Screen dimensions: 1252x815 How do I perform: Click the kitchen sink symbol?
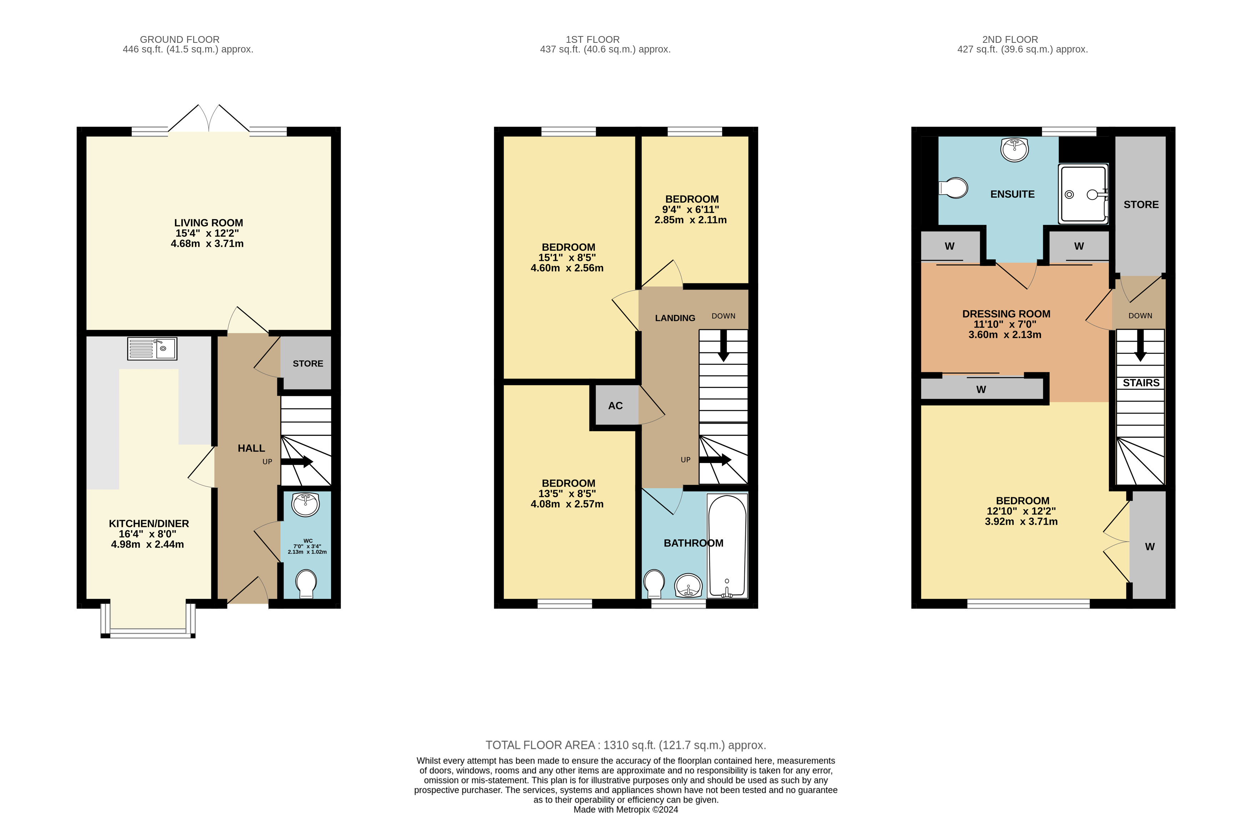[152, 348]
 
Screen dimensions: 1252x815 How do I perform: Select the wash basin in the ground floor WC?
[306, 504]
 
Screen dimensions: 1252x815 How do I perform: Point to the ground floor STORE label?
[308, 363]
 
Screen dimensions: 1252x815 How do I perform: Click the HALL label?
[251, 448]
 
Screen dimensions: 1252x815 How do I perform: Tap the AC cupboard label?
[615, 406]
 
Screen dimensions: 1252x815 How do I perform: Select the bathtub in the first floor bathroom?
[727, 545]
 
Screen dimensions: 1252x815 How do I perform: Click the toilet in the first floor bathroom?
[654, 584]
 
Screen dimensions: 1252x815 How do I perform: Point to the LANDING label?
[675, 318]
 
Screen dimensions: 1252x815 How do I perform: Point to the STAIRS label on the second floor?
[1141, 383]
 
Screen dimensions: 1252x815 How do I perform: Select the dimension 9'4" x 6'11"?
[691, 210]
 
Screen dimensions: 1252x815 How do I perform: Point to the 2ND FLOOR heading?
[1010, 40]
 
